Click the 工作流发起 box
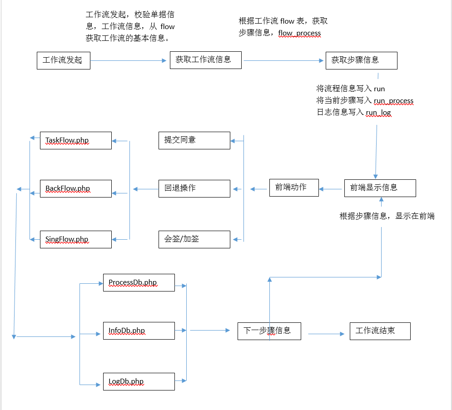click(x=64, y=60)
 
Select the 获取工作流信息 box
click(x=205, y=60)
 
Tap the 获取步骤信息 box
click(x=362, y=60)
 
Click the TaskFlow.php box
click(x=76, y=140)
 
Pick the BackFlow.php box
click(x=76, y=188)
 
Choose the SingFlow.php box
click(x=76, y=239)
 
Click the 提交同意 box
click(x=194, y=140)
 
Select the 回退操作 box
click(x=194, y=188)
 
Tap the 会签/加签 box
click(x=194, y=239)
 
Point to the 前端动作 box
click(x=294, y=188)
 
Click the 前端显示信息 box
click(x=380, y=188)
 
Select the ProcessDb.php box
click(x=139, y=283)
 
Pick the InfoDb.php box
click(x=139, y=331)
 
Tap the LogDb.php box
click(x=139, y=381)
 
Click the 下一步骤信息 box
click(x=269, y=331)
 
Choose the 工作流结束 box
click(x=380, y=331)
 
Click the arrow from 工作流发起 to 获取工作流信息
click(x=129, y=60)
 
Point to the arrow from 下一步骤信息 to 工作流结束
click(x=326, y=334)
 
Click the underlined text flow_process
click(x=299, y=33)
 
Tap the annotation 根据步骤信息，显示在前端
click(x=387, y=216)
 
